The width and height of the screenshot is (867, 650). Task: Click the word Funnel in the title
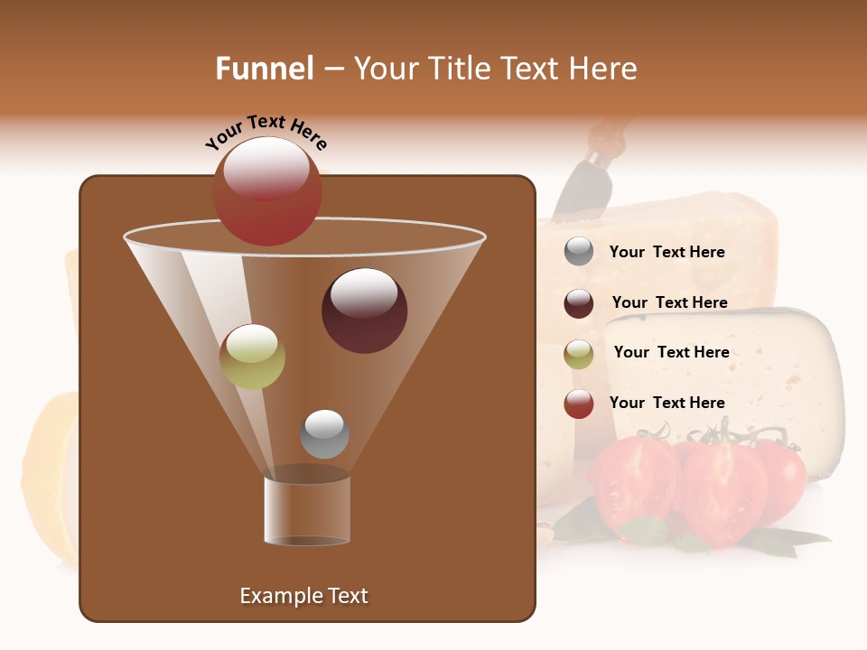click(264, 69)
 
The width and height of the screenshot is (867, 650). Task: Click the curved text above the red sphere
click(266, 132)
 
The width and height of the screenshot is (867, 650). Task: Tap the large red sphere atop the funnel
click(266, 191)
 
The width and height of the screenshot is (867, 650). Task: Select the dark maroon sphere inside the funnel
click(364, 311)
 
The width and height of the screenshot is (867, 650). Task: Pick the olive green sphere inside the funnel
click(252, 357)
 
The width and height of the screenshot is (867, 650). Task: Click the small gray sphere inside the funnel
click(324, 433)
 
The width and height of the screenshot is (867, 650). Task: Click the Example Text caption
click(303, 596)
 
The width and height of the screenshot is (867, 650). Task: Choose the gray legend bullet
click(579, 252)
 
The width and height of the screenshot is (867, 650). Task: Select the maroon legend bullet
click(579, 303)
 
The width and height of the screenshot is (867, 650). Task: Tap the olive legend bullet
click(579, 354)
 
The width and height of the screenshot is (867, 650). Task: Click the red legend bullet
click(579, 404)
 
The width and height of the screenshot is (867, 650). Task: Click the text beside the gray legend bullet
click(667, 253)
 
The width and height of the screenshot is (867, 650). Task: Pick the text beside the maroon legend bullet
click(669, 303)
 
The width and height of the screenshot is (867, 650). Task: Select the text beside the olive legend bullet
click(671, 353)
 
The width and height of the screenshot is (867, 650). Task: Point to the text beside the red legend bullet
click(667, 403)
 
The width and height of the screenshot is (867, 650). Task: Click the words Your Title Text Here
click(495, 69)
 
